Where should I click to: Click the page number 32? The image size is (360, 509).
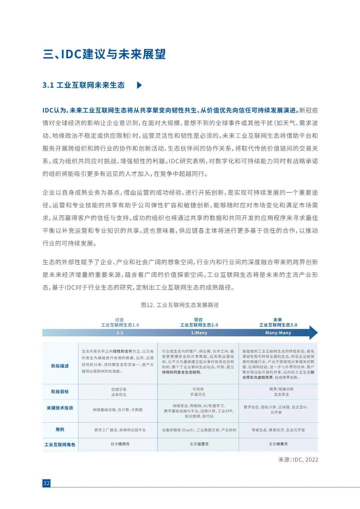[x=46, y=483]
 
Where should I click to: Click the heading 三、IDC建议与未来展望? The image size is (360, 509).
[x=104, y=54]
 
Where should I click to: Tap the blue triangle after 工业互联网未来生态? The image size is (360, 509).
[x=139, y=85]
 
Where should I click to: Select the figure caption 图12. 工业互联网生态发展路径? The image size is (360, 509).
[x=180, y=305]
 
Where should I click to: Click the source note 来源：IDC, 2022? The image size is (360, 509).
[x=298, y=460]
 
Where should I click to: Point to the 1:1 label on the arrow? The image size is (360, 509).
[x=120, y=333]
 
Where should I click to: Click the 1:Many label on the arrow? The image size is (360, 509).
[x=199, y=333]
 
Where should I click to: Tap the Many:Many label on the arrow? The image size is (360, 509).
[x=278, y=333]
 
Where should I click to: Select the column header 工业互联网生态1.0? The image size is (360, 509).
[x=120, y=325]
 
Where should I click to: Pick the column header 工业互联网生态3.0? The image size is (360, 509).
[x=278, y=325]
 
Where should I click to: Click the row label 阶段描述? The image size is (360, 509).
[x=60, y=366]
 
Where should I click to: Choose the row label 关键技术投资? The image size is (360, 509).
[x=60, y=408]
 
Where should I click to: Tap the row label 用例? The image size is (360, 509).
[x=60, y=430]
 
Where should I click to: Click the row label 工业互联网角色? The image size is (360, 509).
[x=60, y=445]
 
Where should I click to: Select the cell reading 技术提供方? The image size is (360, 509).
[x=120, y=444]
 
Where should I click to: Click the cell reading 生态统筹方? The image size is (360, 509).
[x=278, y=444]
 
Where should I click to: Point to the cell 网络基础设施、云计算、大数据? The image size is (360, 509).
[x=118, y=409]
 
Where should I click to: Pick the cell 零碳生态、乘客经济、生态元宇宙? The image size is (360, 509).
[x=278, y=430]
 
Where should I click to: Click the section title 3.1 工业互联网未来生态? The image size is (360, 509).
[x=84, y=85]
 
